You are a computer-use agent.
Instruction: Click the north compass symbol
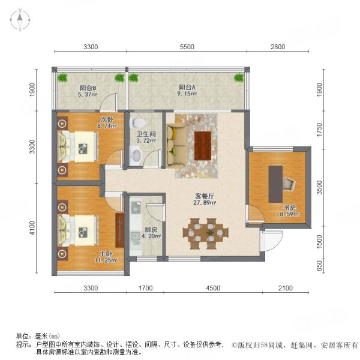19,21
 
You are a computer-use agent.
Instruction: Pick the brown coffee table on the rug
203,143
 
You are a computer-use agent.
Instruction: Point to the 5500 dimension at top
187,47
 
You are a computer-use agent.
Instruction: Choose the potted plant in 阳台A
239,78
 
